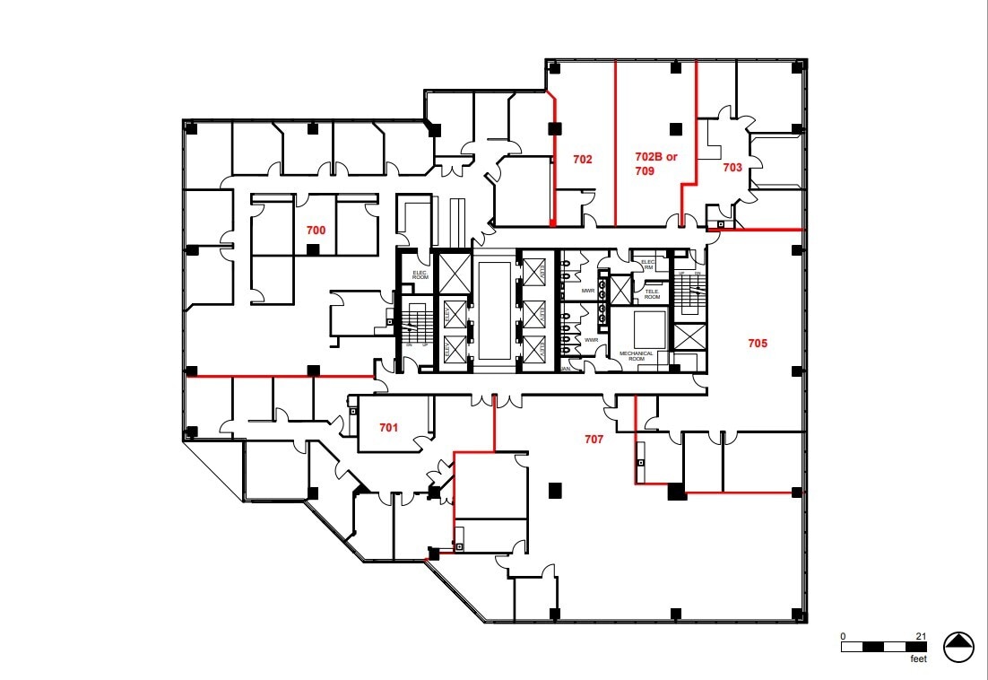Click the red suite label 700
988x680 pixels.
click(x=316, y=231)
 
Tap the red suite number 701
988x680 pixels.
click(x=387, y=428)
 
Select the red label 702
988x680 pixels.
click(x=583, y=160)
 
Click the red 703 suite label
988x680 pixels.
click(x=732, y=168)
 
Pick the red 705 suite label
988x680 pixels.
click(x=758, y=343)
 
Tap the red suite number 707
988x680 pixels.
click(x=594, y=440)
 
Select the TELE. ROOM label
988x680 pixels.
click(x=652, y=293)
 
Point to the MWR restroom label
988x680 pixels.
click(x=589, y=292)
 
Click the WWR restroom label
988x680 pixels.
click(x=591, y=341)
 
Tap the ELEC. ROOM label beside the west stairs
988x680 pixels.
click(x=420, y=276)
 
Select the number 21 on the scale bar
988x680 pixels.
click(x=921, y=636)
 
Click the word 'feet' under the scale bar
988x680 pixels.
click(x=917, y=658)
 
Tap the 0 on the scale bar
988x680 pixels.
click(x=843, y=636)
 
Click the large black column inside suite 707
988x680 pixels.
click(x=555, y=490)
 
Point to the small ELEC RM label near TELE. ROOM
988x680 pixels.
click(x=647, y=265)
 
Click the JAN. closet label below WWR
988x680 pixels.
click(x=566, y=369)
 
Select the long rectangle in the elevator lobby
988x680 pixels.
click(x=495, y=311)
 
